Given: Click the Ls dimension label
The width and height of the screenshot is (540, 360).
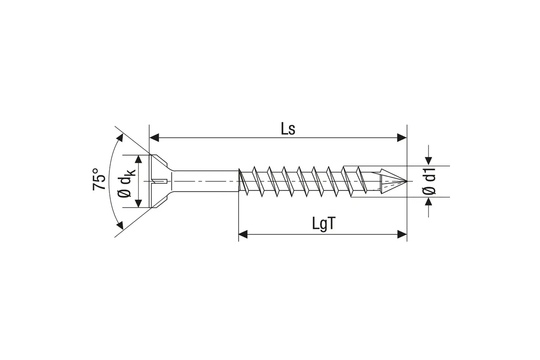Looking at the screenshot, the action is pyautogui.click(x=288, y=129).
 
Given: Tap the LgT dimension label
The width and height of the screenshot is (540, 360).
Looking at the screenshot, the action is pyautogui.click(x=324, y=224).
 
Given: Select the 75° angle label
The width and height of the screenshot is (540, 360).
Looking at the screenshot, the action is pyautogui.click(x=99, y=179).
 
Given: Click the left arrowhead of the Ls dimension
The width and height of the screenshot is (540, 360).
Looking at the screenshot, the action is pyautogui.click(x=154, y=138).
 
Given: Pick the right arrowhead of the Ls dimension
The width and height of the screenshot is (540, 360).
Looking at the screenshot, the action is pyautogui.click(x=402, y=138).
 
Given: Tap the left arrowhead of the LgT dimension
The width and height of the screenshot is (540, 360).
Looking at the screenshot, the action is pyautogui.click(x=243, y=234).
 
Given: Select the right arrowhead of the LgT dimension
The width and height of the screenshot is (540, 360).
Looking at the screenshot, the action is pyautogui.click(x=402, y=234).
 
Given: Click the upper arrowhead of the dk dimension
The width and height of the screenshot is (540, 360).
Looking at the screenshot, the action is pyautogui.click(x=139, y=159).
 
